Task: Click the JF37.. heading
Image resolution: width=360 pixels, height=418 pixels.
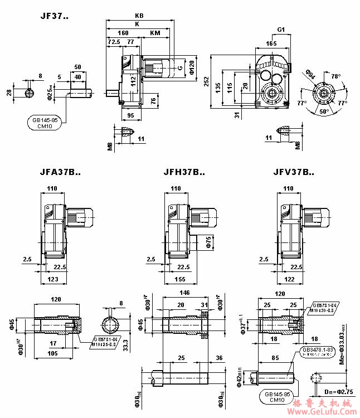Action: [x=54, y=16]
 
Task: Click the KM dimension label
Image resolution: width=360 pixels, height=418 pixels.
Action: [x=155, y=33]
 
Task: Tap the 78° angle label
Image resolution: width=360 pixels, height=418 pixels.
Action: [x=335, y=76]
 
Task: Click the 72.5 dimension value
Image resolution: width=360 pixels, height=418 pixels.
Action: [x=113, y=42]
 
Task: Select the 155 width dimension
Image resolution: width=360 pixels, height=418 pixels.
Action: [x=178, y=278]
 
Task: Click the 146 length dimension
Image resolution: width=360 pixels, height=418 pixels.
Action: [x=185, y=293]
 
